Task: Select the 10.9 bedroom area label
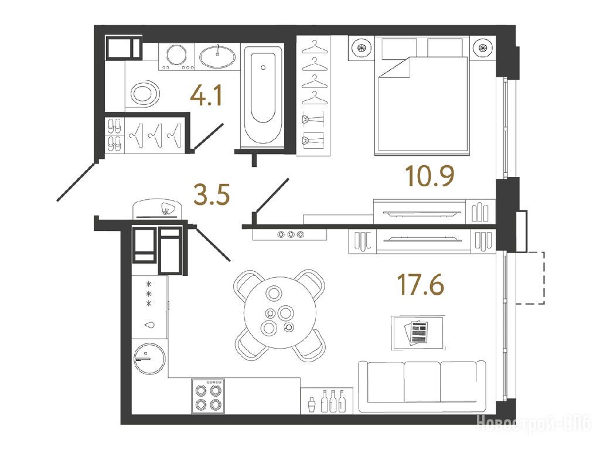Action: click(429, 176)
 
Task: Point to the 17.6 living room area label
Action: click(421, 285)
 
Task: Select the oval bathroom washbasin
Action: click(218, 57)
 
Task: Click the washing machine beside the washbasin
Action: click(177, 56)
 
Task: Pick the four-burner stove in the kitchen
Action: click(208, 396)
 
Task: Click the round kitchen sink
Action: click(149, 358)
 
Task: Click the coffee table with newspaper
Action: click(418, 332)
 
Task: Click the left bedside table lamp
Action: click(361, 48)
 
